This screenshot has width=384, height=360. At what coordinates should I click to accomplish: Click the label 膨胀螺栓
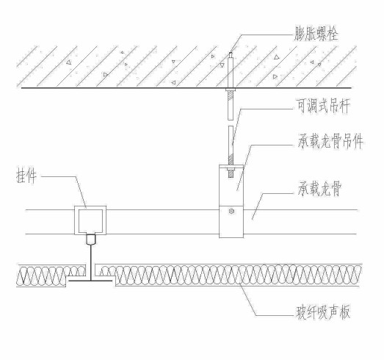[x=316, y=35]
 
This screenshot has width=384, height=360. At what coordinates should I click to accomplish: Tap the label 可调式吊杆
[x=323, y=106]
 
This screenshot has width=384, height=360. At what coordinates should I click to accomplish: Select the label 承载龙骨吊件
[x=330, y=141]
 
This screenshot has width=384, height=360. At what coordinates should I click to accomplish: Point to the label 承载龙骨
[x=319, y=189]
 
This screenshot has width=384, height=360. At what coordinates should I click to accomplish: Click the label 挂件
[x=26, y=176]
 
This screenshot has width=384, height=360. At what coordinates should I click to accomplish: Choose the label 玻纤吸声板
[x=323, y=312]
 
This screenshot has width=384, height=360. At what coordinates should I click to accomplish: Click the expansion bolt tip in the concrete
[x=231, y=54]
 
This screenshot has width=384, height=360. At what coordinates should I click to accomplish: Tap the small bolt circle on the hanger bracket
[x=231, y=211]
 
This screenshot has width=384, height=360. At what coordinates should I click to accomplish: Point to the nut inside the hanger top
[x=231, y=168]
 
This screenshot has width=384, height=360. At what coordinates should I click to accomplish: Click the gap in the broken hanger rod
[x=231, y=123]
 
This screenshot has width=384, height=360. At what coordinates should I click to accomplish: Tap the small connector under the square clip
[x=90, y=240]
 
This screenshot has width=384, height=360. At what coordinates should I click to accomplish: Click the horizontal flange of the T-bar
[x=90, y=281]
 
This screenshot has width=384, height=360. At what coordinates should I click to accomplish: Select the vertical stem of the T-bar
[x=90, y=262]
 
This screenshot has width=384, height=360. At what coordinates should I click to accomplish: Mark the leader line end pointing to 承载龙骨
[x=253, y=219]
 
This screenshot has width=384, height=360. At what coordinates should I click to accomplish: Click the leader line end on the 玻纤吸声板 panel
[x=240, y=283]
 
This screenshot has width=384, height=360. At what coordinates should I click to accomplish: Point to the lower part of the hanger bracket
[x=231, y=222]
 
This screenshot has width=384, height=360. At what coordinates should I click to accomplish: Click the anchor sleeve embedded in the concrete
[x=231, y=72]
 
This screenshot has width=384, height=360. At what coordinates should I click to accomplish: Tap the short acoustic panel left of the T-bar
[x=51, y=276]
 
